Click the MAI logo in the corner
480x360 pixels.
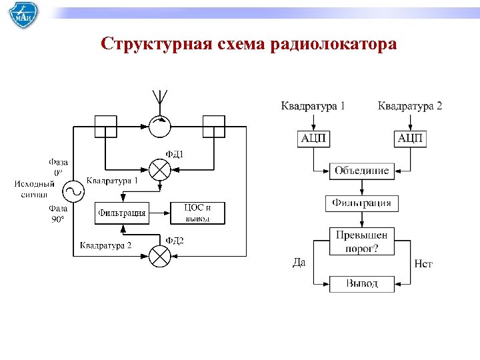(x=23, y=16)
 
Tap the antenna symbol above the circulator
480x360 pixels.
(x=159, y=99)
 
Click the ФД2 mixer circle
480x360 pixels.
(x=159, y=256)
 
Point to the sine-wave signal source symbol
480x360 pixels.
(x=73, y=192)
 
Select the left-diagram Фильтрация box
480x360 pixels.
(x=122, y=213)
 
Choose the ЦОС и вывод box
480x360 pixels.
(x=197, y=213)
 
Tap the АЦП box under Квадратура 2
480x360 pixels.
(x=411, y=138)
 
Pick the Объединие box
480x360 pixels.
(x=362, y=170)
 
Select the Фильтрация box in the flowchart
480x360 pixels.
(x=362, y=203)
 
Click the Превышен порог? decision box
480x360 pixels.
(x=362, y=241)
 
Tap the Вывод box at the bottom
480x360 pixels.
(x=362, y=283)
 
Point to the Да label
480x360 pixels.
(x=299, y=262)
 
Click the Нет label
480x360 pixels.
(x=423, y=264)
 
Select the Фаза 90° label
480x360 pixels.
(x=57, y=213)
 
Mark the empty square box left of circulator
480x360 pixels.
(x=105, y=125)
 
